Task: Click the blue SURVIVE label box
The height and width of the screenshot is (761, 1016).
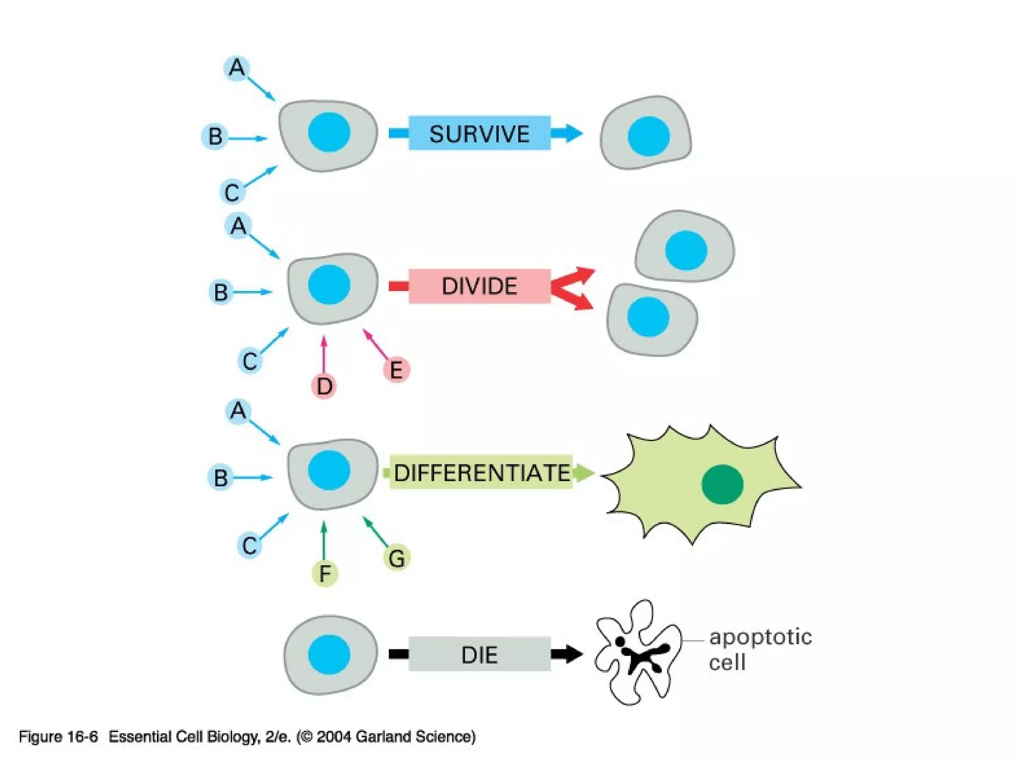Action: click(x=479, y=133)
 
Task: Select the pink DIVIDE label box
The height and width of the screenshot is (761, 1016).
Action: click(x=479, y=286)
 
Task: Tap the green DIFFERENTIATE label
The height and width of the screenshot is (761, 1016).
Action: click(x=481, y=472)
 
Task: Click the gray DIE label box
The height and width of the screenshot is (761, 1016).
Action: click(x=479, y=654)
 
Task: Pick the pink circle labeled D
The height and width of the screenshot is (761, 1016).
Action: click(x=324, y=386)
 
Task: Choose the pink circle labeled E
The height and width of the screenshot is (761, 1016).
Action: click(x=396, y=370)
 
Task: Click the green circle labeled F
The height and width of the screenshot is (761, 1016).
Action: click(x=324, y=573)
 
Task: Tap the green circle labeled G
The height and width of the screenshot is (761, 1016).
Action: click(x=396, y=558)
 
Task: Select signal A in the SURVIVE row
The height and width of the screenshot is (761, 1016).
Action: click(x=237, y=67)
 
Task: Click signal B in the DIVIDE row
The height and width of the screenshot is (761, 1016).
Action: click(x=221, y=292)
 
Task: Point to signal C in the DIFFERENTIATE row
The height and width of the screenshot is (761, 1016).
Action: click(x=249, y=545)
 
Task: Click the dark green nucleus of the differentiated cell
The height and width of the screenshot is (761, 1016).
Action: click(x=722, y=484)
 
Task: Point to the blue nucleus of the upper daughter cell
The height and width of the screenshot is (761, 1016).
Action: click(x=686, y=250)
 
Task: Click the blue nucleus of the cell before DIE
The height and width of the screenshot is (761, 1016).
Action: click(x=329, y=654)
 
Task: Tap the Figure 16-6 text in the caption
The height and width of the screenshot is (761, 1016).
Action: click(x=58, y=736)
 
